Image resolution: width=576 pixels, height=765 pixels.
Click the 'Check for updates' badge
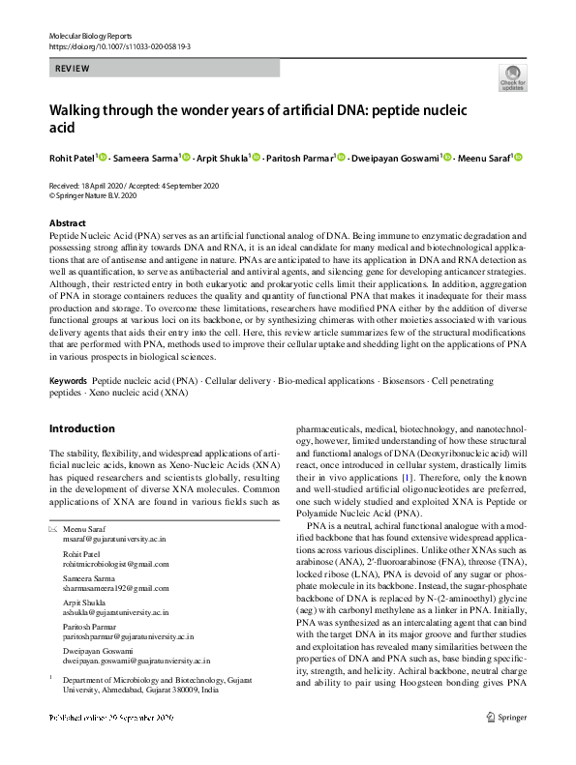(512, 76)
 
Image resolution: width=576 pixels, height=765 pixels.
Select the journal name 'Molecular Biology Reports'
(92, 35)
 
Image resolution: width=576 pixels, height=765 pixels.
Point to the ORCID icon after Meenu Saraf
(518, 158)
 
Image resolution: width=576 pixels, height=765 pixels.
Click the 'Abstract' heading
(67, 222)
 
